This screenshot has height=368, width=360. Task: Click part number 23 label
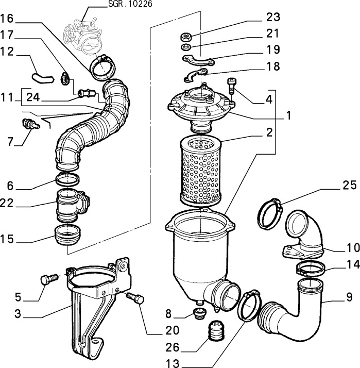coord(272,18)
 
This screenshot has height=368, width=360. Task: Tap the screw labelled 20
coord(134,298)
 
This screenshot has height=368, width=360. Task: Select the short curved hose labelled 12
coord(42,77)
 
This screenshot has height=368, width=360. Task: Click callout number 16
coord(7,19)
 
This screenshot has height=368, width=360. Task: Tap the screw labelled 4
coord(232,85)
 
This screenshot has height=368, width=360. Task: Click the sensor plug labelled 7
coord(28,124)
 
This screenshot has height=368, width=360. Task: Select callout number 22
coord(7,204)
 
